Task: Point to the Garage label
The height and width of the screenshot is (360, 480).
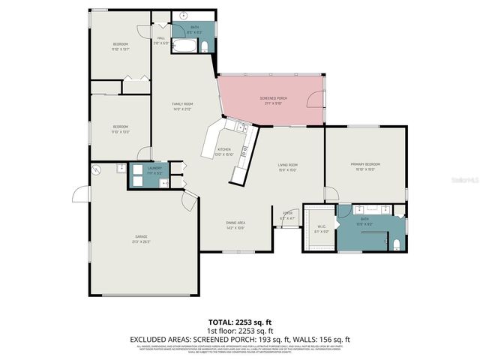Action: coord(140,238)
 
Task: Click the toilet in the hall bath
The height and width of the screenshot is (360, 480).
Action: coord(203,47)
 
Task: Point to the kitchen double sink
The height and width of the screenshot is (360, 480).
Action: coord(241,128)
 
